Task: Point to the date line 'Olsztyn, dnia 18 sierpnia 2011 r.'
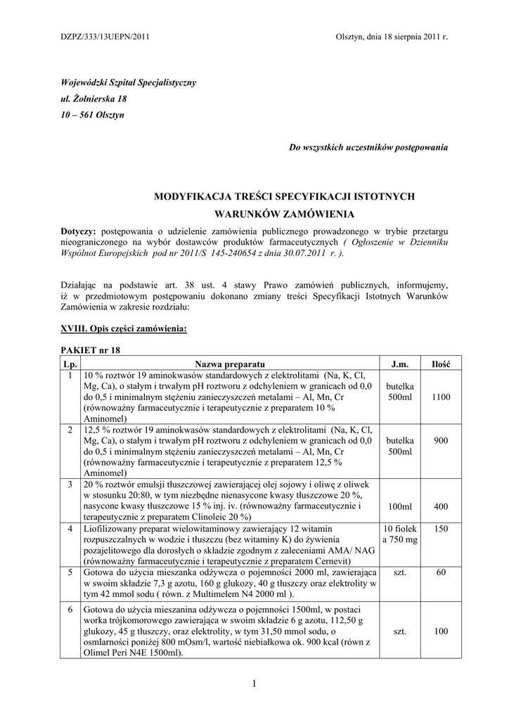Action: pos(392,36)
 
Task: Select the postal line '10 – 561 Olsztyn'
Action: pos(93,115)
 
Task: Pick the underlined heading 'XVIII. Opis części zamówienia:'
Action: pos(124,328)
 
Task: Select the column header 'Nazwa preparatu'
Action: pos(230,364)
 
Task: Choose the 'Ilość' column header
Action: pos(441,364)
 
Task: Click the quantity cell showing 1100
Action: pos(441,397)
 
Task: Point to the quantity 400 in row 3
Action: pos(441,506)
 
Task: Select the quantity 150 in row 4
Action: pos(441,528)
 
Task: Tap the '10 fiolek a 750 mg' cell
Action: pos(400,534)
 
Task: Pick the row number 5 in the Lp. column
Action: pos(70,572)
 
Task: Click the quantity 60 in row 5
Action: pos(441,572)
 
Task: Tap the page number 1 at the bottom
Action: pos(254,683)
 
